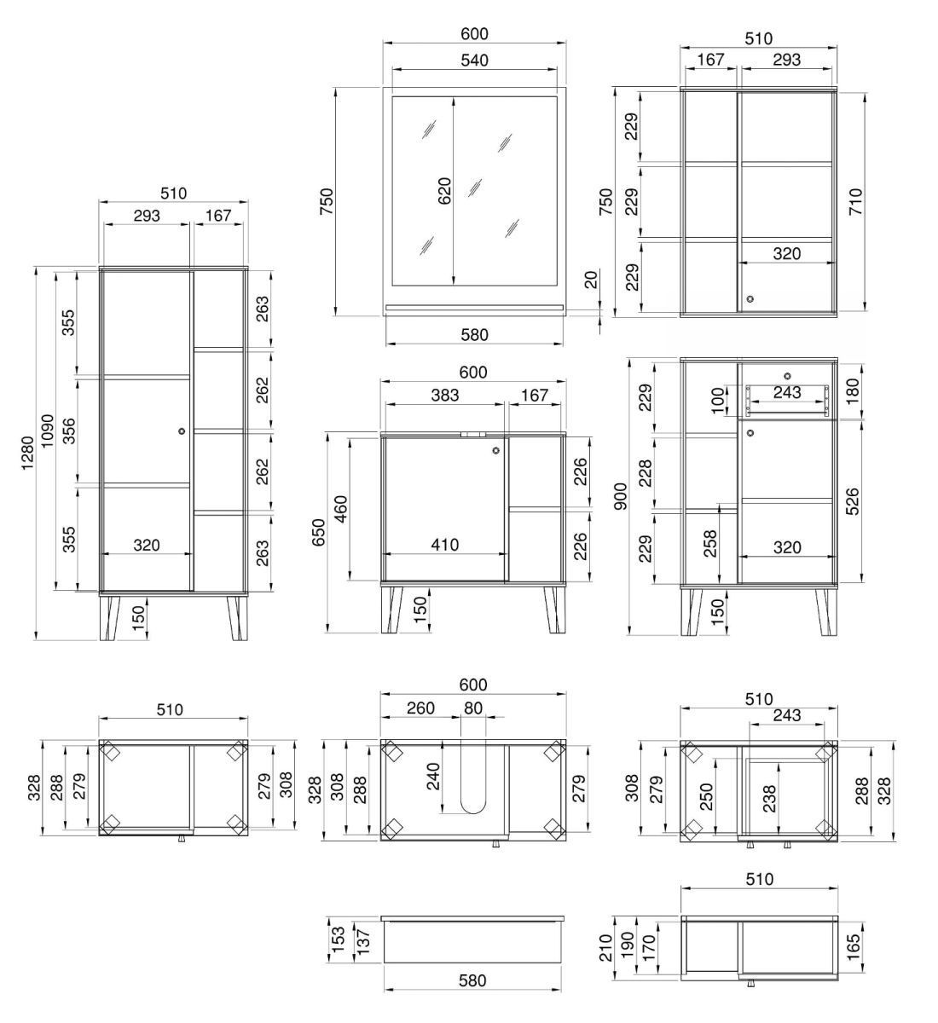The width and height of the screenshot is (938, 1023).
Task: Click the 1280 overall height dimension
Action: [x=27, y=454]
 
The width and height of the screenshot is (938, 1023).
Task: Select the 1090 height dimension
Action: [x=47, y=431]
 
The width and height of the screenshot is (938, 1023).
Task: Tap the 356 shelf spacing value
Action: [x=69, y=431]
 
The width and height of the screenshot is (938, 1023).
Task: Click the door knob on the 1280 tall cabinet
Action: [x=182, y=431]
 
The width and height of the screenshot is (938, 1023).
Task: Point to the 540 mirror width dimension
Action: [x=475, y=61]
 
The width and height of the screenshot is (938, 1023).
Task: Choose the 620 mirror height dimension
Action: [x=445, y=191]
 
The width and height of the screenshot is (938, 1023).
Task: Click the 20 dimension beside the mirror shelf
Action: [x=591, y=280]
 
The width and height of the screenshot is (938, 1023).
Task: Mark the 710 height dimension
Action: [x=856, y=201]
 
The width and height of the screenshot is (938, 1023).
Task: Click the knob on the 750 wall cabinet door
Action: [x=750, y=299]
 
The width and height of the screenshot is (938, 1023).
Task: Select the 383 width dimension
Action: [x=444, y=395]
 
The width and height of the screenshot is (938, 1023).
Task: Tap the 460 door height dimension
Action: [x=340, y=508]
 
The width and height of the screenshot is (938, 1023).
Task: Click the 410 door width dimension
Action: [x=444, y=545]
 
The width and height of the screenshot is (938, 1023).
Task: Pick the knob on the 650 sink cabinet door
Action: [x=496, y=451]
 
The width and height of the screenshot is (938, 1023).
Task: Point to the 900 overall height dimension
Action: [x=621, y=496]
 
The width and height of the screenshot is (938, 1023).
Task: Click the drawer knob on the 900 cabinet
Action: [x=787, y=376]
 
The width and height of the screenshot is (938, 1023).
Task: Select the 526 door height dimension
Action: [x=853, y=501]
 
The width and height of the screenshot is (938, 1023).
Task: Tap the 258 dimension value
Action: [x=709, y=544]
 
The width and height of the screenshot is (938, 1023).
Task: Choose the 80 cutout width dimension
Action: [x=473, y=708]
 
